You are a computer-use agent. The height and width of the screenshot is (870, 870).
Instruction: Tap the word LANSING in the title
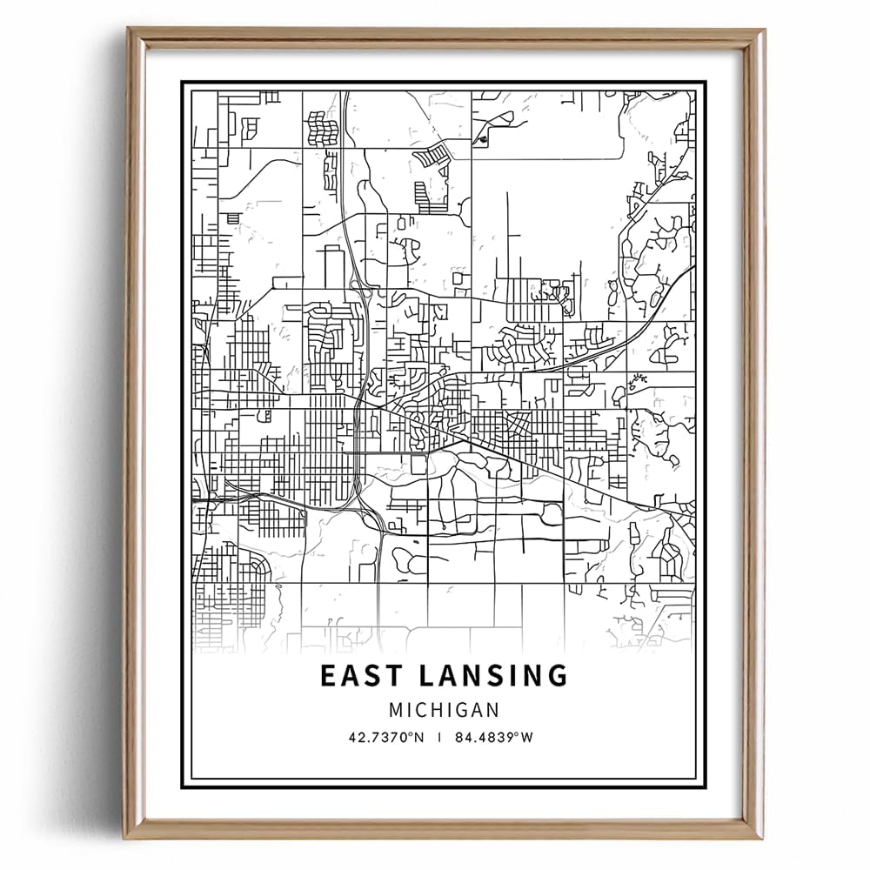point(491,676)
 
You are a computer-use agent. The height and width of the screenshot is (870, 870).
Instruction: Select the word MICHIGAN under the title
point(444,710)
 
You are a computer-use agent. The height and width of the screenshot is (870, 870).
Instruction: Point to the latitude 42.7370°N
point(385,737)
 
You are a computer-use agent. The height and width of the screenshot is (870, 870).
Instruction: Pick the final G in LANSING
point(557,676)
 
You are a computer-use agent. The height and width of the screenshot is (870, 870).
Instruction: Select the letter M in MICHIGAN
point(396,710)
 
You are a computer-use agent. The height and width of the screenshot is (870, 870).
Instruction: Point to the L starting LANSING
point(425,676)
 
